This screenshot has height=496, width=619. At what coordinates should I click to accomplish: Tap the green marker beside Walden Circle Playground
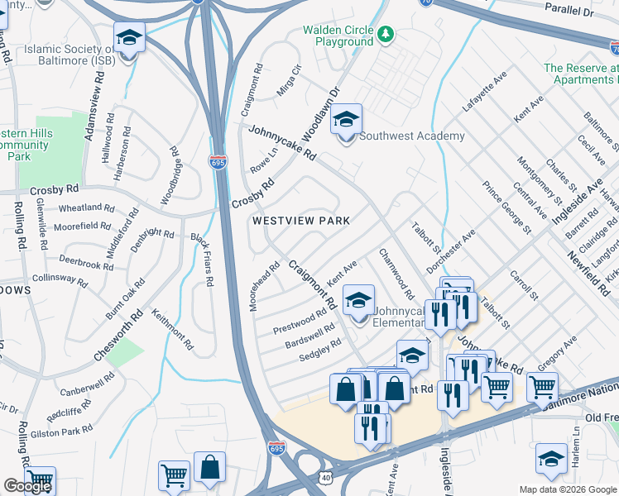coord(386,35)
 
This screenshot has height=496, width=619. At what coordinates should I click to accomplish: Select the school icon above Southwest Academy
coord(347,120)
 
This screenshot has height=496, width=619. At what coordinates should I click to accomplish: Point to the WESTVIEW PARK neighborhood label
coord(300,221)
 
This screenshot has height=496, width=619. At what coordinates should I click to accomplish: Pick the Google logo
coord(27,486)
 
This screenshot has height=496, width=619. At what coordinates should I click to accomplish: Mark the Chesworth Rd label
coord(118,335)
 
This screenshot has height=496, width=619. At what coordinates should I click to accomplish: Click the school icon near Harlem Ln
coord(551,458)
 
